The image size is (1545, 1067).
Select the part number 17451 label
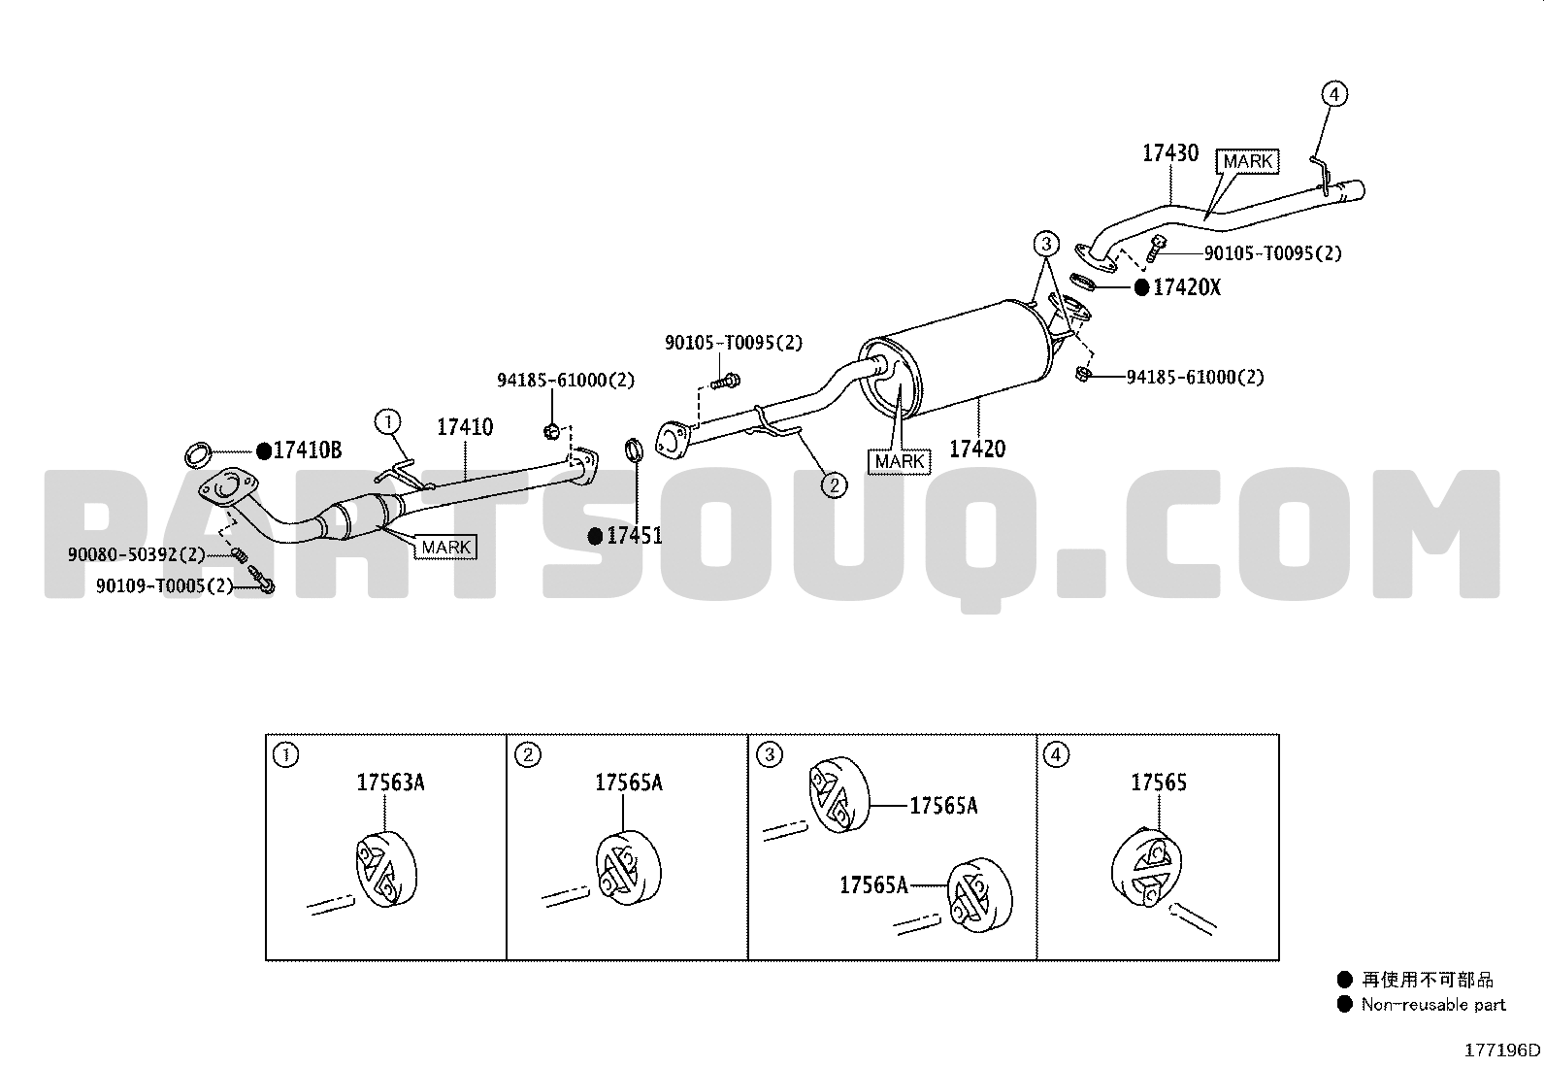[x=634, y=536]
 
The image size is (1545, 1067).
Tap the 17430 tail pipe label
[x=1170, y=152]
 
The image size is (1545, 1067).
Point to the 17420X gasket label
[x=1186, y=287]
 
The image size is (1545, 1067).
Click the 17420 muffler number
[x=977, y=449]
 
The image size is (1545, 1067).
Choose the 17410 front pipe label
[x=465, y=426]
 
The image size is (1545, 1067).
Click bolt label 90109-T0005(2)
[x=165, y=586]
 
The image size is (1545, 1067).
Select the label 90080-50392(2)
[x=137, y=554]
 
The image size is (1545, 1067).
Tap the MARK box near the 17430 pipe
[x=1247, y=161]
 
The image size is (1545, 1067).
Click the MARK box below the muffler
[x=899, y=461]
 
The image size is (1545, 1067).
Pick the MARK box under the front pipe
[x=445, y=548]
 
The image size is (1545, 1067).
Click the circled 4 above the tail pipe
[x=1334, y=94]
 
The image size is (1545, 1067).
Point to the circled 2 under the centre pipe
[x=834, y=485]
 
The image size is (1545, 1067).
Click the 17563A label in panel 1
[x=390, y=782]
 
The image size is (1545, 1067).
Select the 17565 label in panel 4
[x=1158, y=782]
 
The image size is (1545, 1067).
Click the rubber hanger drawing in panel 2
[x=628, y=867]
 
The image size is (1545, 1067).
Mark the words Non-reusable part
[x=1433, y=1004]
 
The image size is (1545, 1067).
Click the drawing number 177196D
[x=1502, y=1050]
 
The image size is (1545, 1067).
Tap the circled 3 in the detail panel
[x=770, y=754]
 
